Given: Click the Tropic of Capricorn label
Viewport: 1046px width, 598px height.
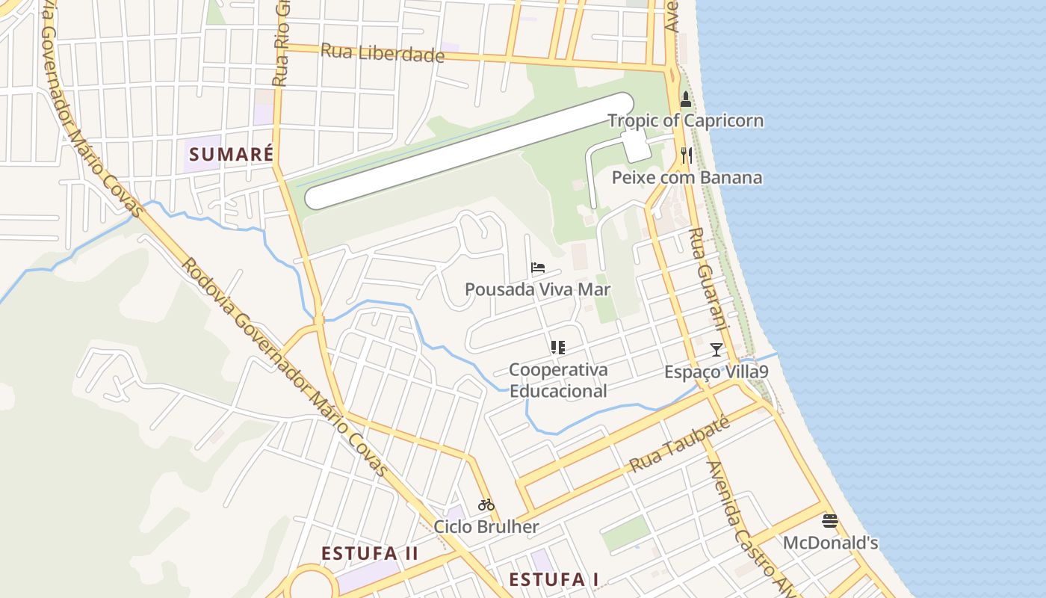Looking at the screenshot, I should point(685,120).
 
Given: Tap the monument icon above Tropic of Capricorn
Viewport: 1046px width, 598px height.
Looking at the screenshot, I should point(686,99).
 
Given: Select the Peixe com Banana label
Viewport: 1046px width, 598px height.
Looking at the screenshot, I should point(687,178).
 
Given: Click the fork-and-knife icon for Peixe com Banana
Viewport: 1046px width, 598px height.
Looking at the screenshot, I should point(687,155).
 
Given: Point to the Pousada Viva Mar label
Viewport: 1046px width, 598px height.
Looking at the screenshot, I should point(538,289).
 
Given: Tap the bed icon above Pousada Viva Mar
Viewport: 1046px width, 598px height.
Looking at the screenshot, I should point(538,268).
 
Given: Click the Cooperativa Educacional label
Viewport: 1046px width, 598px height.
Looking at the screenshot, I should point(558,380).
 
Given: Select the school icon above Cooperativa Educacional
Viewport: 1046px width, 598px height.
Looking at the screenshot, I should point(557,347).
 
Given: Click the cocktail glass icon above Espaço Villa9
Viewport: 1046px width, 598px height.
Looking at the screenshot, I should point(717,349).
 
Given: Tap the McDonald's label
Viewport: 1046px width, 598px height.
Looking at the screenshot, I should point(830,543).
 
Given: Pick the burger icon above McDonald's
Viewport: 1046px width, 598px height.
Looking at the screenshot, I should point(830,520).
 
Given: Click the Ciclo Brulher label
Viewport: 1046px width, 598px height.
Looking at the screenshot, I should point(486,527).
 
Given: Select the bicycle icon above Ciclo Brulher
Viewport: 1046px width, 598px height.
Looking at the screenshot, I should point(486,505).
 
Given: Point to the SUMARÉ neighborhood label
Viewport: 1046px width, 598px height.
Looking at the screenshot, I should point(231,155).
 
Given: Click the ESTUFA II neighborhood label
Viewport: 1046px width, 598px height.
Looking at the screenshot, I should point(370,554).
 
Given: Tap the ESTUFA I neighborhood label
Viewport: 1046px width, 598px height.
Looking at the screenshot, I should point(554,579).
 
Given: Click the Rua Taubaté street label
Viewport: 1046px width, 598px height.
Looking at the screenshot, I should point(679,445).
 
